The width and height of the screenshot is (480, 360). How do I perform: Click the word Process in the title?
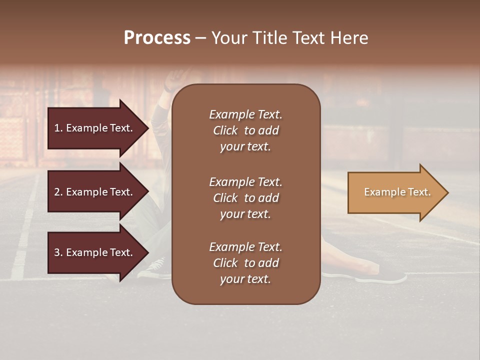tap(157, 38)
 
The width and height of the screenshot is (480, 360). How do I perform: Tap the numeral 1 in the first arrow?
tap(57, 128)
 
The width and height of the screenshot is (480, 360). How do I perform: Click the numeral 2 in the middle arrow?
tap(57, 192)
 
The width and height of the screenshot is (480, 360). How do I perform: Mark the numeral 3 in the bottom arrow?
tap(57, 253)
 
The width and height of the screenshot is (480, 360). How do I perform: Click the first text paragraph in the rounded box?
tap(245, 130)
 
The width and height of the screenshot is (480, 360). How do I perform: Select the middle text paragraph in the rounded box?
tap(245, 198)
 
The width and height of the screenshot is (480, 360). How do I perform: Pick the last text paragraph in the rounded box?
tap(245, 263)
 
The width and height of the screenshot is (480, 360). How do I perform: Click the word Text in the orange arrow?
tap(420, 192)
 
